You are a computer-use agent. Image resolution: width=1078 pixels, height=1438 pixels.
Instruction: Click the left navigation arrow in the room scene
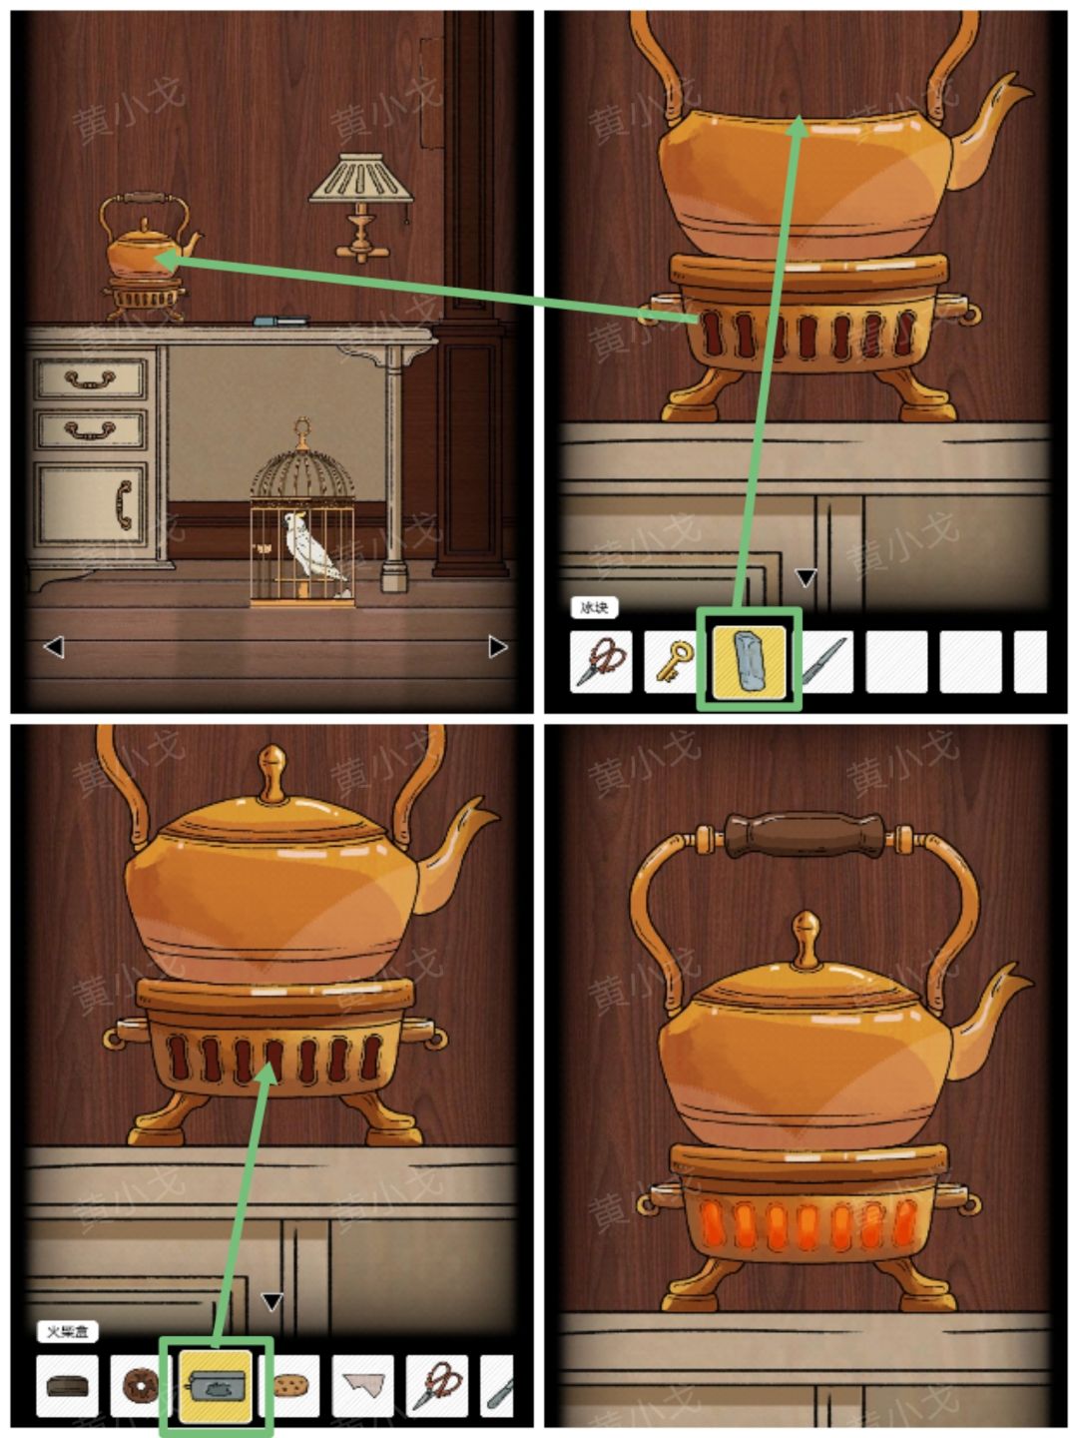(54, 647)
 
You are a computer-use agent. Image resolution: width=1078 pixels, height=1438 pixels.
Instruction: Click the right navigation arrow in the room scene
(497, 647)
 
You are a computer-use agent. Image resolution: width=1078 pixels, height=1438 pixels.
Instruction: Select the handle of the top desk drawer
(90, 379)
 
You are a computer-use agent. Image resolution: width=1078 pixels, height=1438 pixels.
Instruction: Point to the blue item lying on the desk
(279, 321)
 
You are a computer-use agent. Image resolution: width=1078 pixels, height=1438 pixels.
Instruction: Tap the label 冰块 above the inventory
(595, 607)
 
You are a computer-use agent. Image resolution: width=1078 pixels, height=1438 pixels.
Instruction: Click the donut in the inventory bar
(141, 1386)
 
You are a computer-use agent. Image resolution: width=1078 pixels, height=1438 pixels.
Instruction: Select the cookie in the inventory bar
(289, 1386)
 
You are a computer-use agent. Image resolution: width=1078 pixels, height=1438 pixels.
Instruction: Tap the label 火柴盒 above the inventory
(68, 1331)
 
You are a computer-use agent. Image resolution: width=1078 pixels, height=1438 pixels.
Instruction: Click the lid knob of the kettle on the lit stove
(805, 929)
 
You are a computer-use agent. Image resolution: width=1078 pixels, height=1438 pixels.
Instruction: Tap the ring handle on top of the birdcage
(301, 431)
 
